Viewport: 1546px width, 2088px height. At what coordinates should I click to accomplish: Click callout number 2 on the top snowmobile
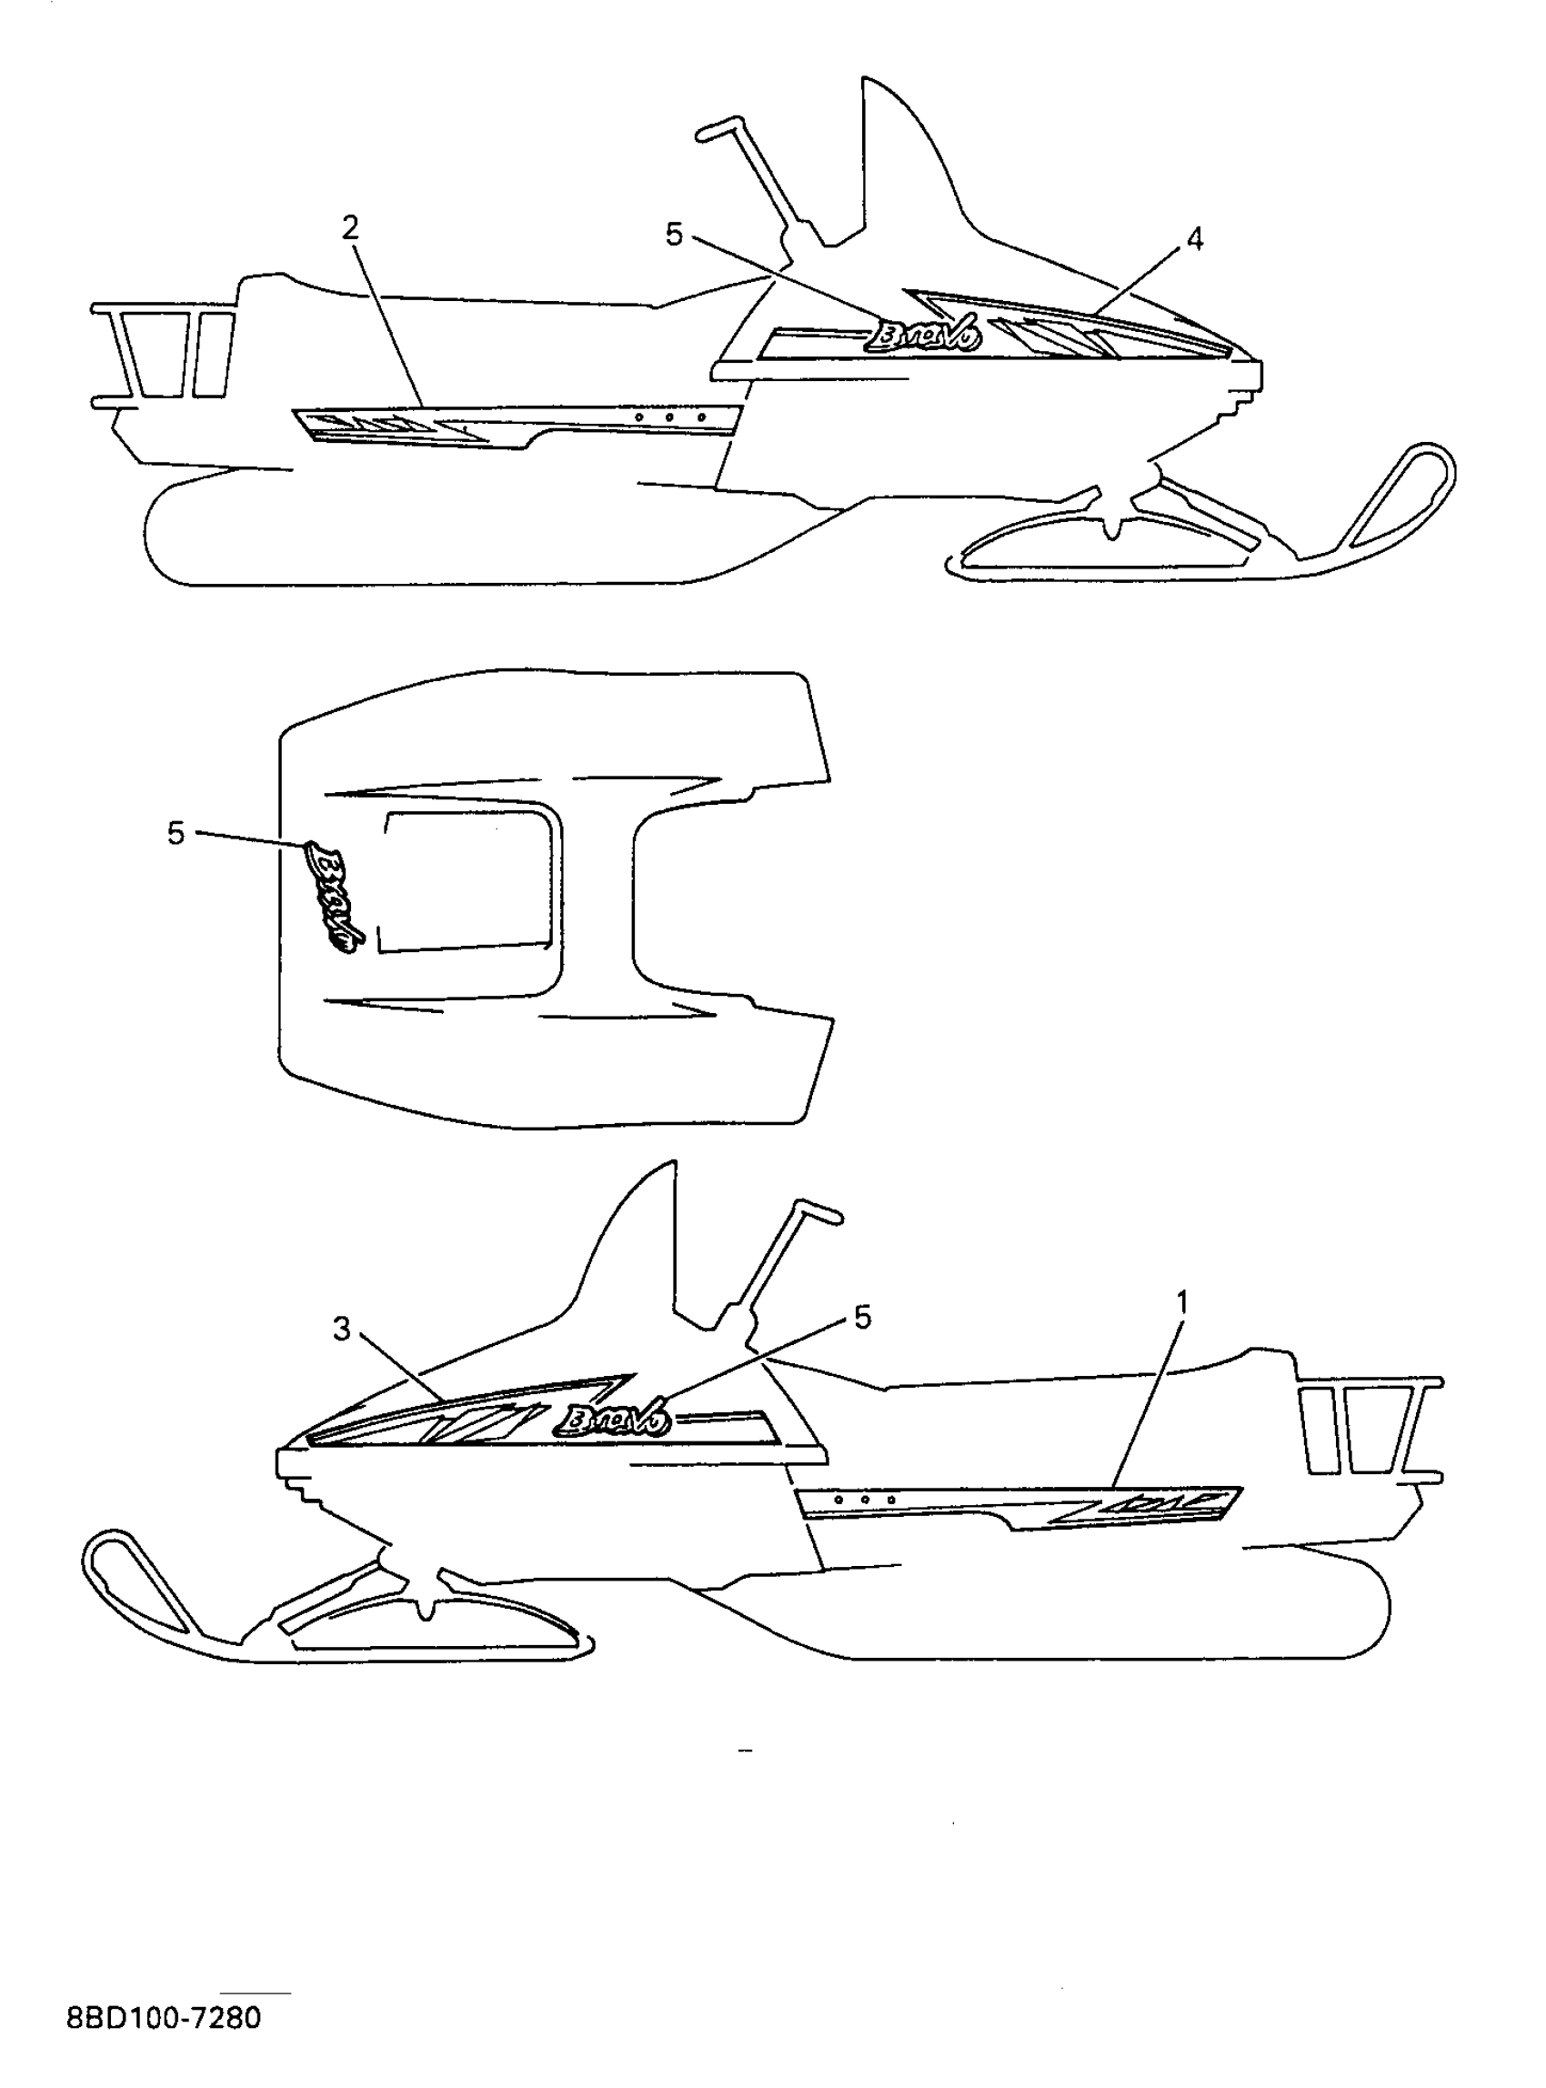pyautogui.click(x=350, y=227)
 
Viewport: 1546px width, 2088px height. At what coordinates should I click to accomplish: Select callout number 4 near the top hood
pyautogui.click(x=1194, y=239)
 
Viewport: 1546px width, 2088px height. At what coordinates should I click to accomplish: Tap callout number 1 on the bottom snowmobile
pyautogui.click(x=1182, y=1302)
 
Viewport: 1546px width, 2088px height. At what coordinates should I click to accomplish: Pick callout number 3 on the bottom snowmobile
pyautogui.click(x=342, y=1328)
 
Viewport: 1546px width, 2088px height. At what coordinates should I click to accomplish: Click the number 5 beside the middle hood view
pyautogui.click(x=176, y=833)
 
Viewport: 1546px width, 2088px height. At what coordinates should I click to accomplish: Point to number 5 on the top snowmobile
pyautogui.click(x=674, y=235)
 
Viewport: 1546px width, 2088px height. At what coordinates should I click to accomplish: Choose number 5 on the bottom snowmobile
pyautogui.click(x=862, y=1317)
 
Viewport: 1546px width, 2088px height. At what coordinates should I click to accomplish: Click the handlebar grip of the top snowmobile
pyautogui.click(x=720, y=128)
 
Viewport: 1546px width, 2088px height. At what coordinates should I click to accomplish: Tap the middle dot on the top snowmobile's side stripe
pyautogui.click(x=669, y=417)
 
